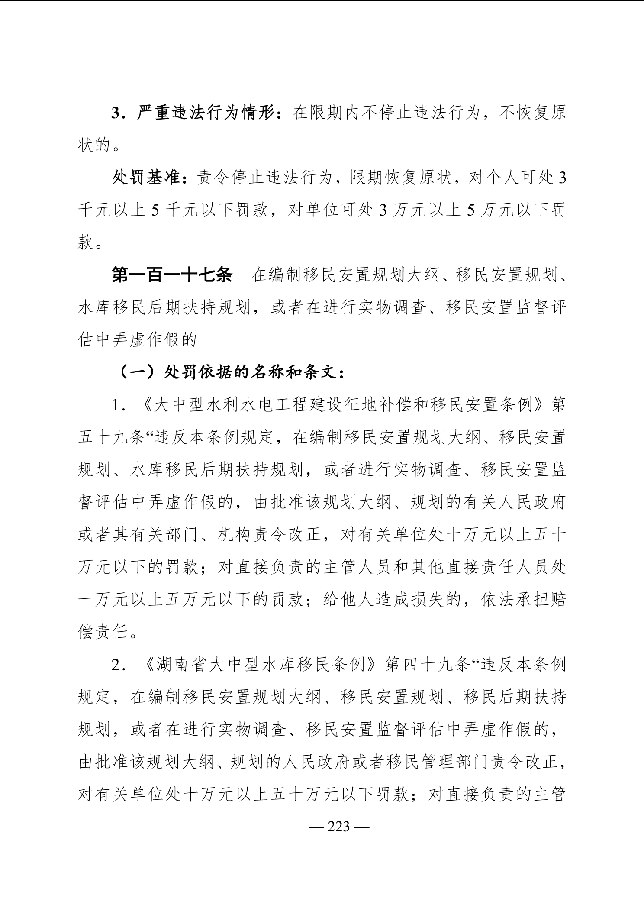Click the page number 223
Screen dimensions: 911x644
pos(338,827)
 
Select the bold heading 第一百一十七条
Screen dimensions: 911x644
pos(172,275)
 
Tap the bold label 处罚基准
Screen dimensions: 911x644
pos(146,178)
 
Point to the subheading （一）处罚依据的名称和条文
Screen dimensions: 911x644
pos(231,372)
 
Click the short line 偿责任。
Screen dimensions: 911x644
pos(108,632)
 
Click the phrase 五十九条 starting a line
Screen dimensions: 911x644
pos(110,438)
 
